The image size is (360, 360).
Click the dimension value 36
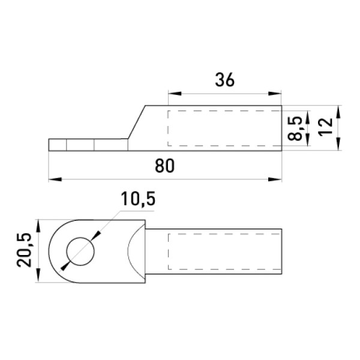point(225,80)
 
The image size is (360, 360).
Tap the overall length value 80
point(164,166)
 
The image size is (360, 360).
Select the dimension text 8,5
point(295,128)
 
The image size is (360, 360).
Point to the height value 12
point(326,127)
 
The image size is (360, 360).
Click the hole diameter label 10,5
point(138,199)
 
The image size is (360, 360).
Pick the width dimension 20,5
point(25,250)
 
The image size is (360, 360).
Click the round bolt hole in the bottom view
point(80,251)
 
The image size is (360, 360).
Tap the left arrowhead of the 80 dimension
point(55,179)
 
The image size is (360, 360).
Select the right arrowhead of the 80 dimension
point(275,179)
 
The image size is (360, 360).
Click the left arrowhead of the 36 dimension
point(175,94)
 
